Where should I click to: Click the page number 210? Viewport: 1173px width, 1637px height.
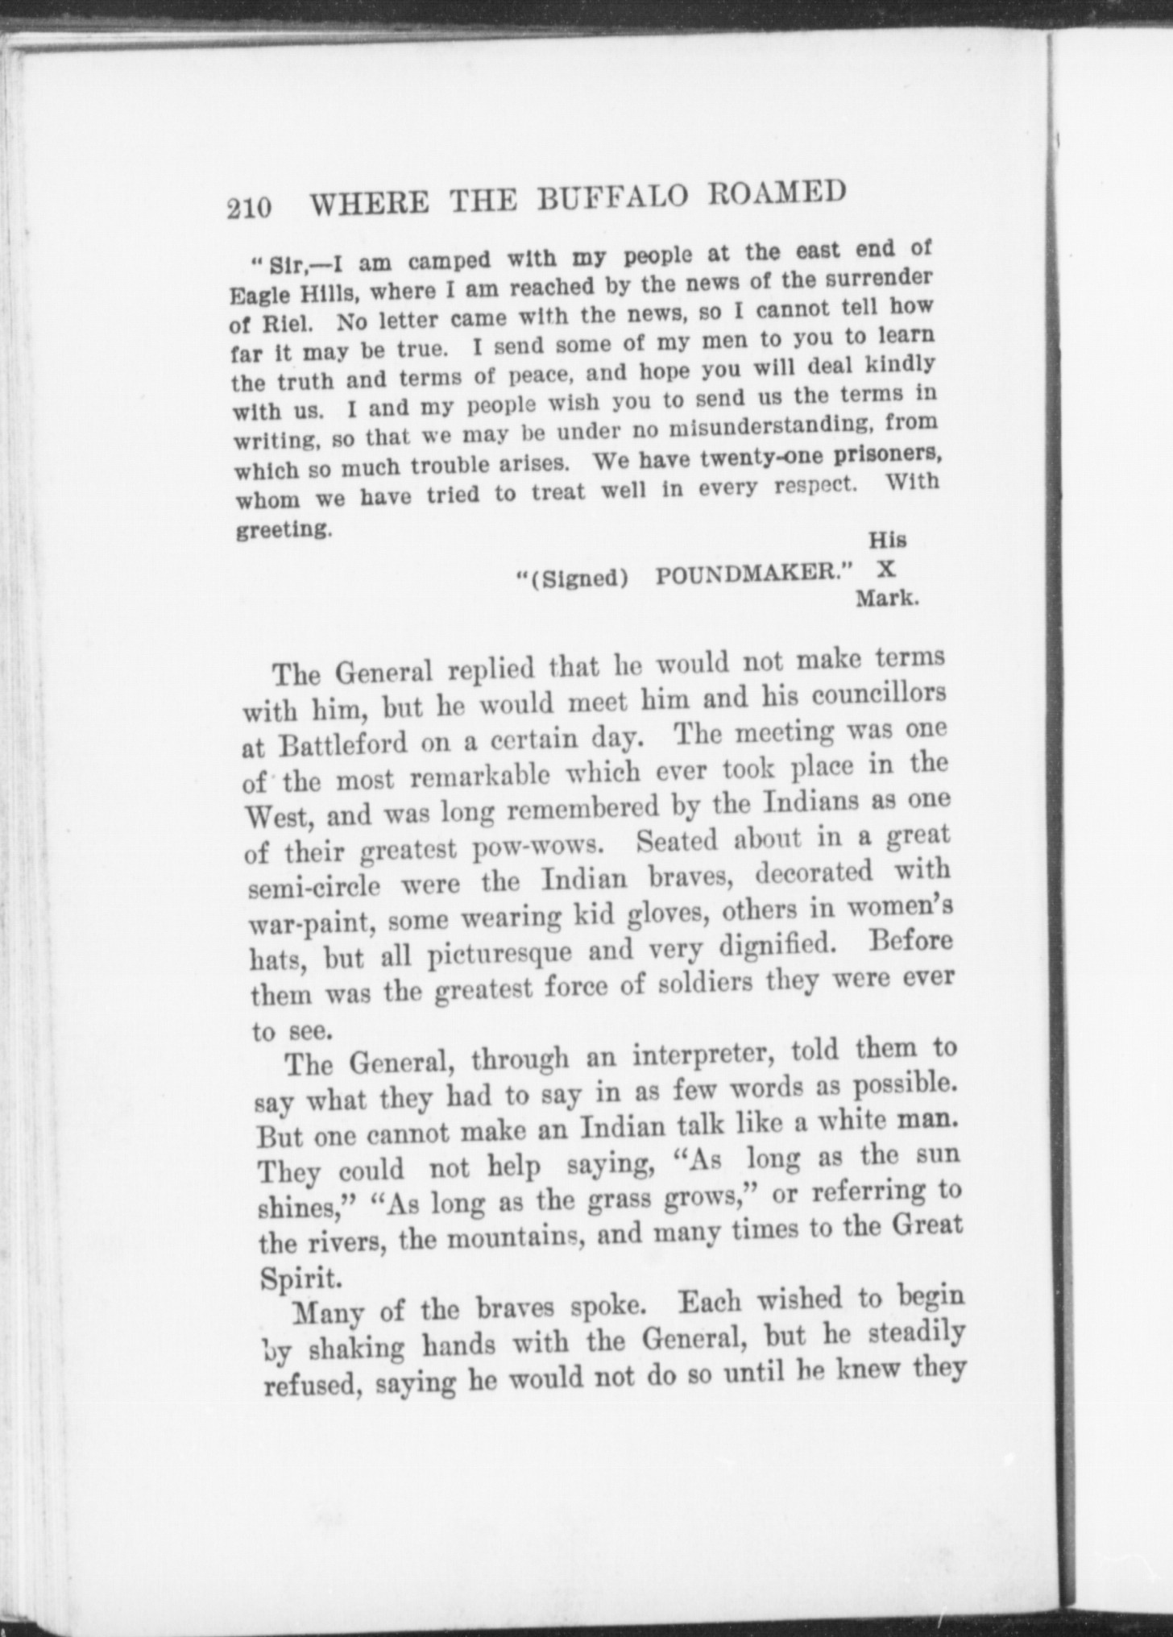click(x=249, y=207)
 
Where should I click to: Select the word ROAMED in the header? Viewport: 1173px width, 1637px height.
click(x=773, y=193)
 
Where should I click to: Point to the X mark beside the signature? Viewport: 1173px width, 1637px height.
click(x=885, y=569)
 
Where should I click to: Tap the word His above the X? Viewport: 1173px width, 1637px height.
click(x=887, y=539)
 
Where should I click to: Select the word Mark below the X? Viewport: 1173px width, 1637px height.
click(x=887, y=599)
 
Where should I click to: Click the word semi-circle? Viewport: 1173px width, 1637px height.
click(x=313, y=887)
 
